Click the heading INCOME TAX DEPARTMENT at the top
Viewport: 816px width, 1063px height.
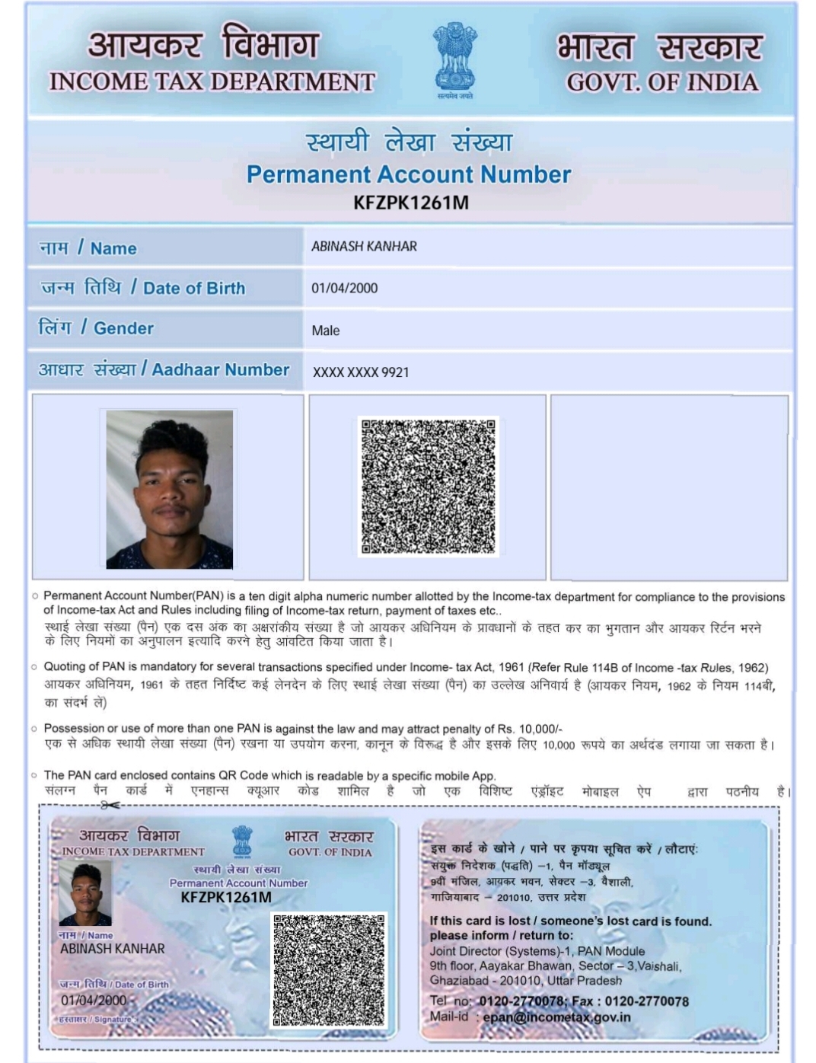point(212,82)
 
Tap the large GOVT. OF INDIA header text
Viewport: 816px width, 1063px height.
point(662,82)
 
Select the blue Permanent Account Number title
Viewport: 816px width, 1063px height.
point(409,174)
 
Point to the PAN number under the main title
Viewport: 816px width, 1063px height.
point(411,203)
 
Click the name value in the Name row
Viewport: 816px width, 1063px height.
point(364,247)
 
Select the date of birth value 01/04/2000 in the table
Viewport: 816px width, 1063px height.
point(344,288)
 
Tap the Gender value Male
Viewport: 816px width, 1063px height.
point(325,330)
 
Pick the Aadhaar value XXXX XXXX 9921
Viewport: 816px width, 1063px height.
point(361,372)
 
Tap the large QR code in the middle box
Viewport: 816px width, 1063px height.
point(428,487)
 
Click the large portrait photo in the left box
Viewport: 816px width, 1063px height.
point(170,490)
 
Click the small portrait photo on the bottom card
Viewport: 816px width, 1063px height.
point(85,894)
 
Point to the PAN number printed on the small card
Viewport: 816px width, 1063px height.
point(226,897)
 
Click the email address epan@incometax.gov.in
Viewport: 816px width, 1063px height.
point(556,1017)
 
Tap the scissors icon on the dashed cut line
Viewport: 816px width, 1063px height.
point(110,805)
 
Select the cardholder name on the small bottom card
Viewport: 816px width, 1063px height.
point(113,949)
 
